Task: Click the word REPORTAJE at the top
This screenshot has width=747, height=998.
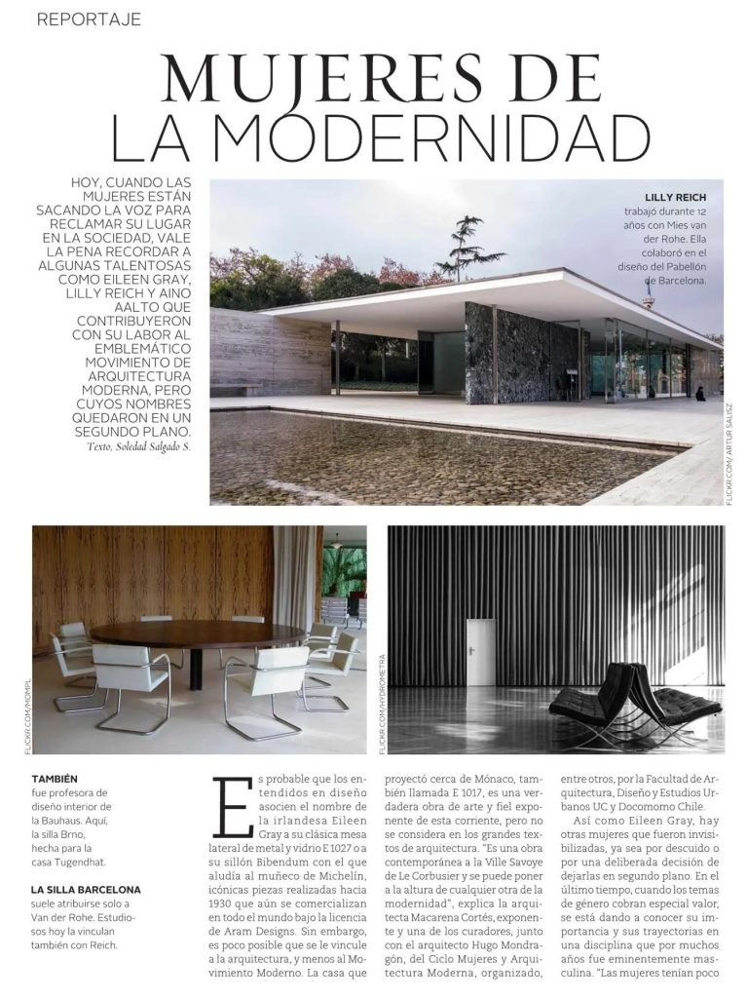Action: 89,19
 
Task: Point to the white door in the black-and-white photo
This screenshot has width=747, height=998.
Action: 479,650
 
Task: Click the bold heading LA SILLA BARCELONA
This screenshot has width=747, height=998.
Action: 86,890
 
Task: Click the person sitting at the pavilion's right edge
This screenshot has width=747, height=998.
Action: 700,394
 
